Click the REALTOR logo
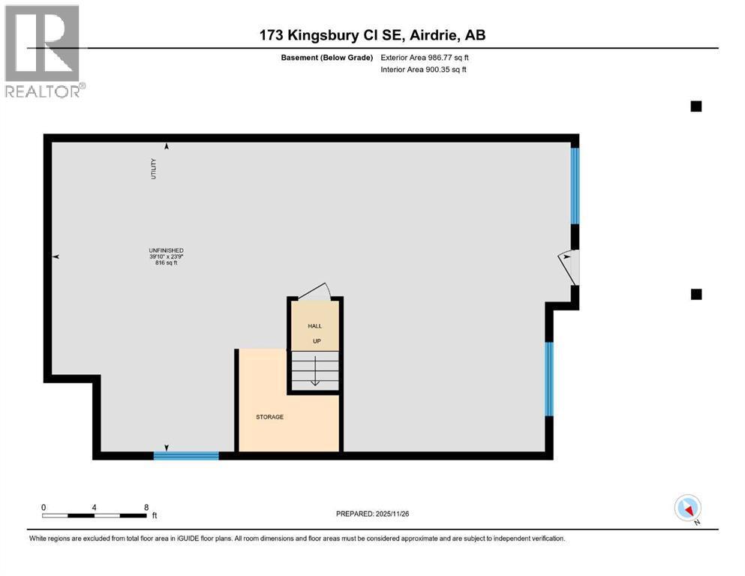point(45,51)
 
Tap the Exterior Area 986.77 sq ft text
point(425,58)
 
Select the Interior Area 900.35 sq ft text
point(423,69)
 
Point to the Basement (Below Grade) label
point(327,58)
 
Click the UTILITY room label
point(154,169)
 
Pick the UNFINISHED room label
point(166,250)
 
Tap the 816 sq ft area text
point(166,262)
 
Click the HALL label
point(314,325)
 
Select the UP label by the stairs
point(317,341)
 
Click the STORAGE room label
point(269,417)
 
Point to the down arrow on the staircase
point(315,370)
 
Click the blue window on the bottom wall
point(186,456)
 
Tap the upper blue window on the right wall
point(575,186)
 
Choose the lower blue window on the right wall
point(548,379)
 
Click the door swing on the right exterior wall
point(568,268)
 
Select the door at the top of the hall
point(314,290)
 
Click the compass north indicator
point(687,508)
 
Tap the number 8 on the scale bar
point(146,507)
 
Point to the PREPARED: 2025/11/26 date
point(372,514)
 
